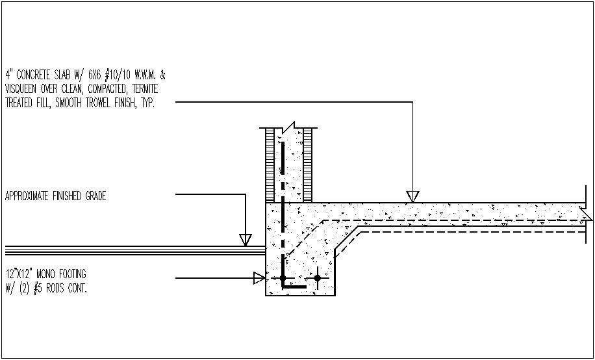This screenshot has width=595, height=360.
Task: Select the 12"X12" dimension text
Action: [18, 274]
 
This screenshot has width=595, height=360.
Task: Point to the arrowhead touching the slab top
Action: [412, 196]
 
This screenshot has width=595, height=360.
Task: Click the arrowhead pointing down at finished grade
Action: [245, 239]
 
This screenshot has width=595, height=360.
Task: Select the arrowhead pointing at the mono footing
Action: [259, 278]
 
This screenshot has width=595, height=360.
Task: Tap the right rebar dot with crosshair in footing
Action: [317, 279]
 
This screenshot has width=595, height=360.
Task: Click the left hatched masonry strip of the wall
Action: [271, 165]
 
